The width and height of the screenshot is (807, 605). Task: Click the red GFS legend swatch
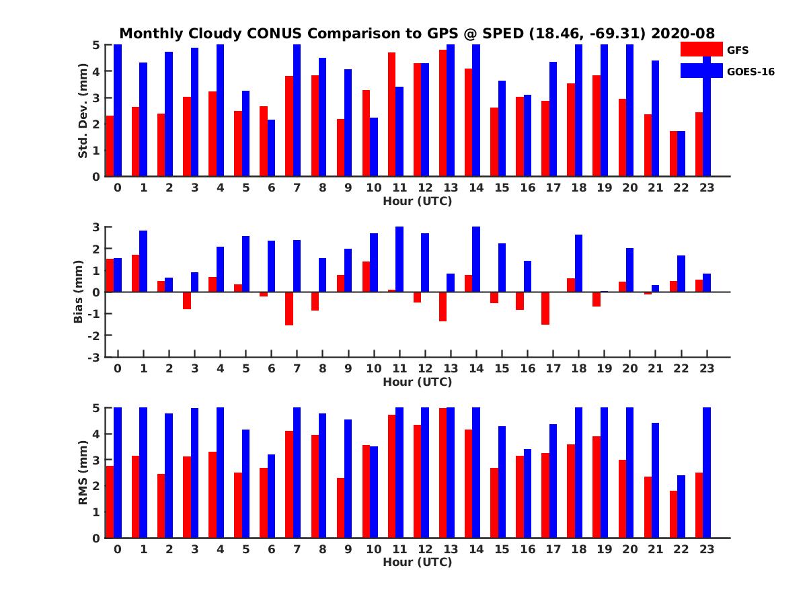[x=701, y=49]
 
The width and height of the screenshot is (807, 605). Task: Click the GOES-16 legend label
[x=751, y=71]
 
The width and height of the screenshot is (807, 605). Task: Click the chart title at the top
[x=417, y=33]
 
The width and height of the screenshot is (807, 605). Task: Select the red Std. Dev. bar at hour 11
[x=392, y=114]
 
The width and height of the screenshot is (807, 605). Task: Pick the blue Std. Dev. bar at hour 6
[x=272, y=148]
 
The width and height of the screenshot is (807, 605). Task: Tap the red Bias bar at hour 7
[x=289, y=309]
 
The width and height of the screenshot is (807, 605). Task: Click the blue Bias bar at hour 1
[x=143, y=261]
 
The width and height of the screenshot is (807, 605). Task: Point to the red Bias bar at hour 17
[x=545, y=309]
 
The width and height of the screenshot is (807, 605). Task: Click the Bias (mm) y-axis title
[x=79, y=293]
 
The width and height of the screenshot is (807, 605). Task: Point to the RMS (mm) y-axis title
[x=83, y=473]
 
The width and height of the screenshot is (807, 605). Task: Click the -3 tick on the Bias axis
[x=96, y=357]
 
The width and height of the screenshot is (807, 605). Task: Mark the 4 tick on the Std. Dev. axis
[x=97, y=71]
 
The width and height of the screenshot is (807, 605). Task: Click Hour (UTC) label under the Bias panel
[x=417, y=382]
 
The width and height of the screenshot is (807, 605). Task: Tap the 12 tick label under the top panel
[x=425, y=188]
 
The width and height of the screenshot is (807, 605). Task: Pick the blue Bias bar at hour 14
[x=476, y=259]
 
